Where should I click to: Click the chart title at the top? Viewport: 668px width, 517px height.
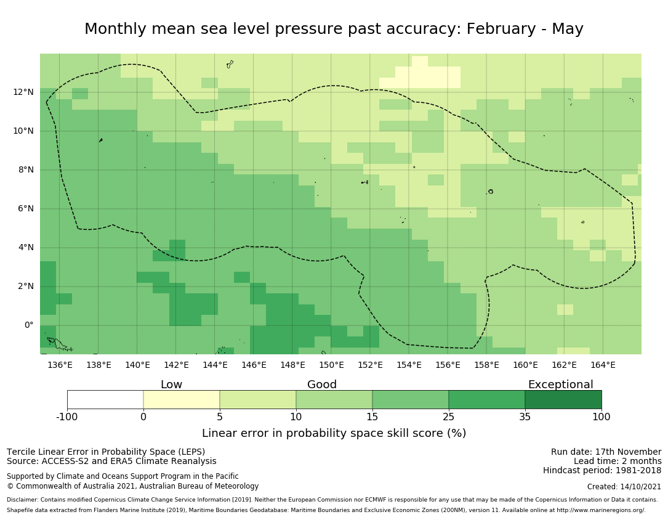(x=334, y=29)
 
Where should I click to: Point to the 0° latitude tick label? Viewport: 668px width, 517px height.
(x=28, y=325)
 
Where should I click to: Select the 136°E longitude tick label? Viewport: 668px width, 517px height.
(x=60, y=365)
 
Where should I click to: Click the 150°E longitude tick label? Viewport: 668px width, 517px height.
(x=331, y=365)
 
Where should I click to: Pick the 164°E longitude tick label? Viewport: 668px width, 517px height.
(x=603, y=365)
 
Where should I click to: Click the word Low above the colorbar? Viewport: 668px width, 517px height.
(x=171, y=385)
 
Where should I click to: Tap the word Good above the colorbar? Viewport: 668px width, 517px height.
(x=322, y=385)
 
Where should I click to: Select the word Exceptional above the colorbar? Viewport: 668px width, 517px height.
(x=560, y=385)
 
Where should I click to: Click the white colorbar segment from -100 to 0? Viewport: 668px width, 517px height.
(x=105, y=399)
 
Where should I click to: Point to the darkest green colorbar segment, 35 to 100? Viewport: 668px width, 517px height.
(x=563, y=399)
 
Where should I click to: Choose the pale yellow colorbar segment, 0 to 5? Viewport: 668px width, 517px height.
(x=182, y=399)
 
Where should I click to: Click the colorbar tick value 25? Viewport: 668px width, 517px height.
(x=449, y=417)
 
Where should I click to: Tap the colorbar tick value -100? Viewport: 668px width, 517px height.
(x=67, y=417)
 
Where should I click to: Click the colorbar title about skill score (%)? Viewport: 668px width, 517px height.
(x=334, y=433)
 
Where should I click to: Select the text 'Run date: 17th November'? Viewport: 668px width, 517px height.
(x=606, y=452)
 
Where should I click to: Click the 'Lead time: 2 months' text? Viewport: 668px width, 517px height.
(x=618, y=461)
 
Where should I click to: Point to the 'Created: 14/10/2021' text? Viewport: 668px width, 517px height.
(x=624, y=486)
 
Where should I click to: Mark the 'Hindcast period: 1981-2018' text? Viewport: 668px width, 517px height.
(x=602, y=470)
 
